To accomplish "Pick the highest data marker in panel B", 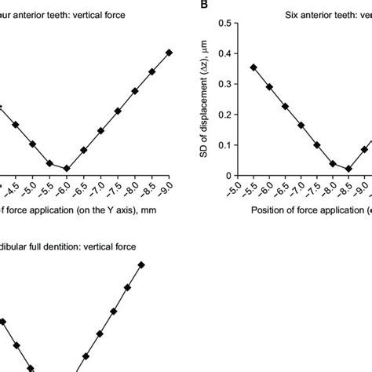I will pos(253,67).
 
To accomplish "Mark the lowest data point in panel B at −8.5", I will pos(348,169).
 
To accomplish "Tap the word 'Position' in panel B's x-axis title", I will pos(270,211).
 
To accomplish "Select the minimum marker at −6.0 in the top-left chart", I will pos(67,168).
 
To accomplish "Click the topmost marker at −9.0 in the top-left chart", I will pos(170,53).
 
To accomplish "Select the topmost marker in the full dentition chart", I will pos(142,264).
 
